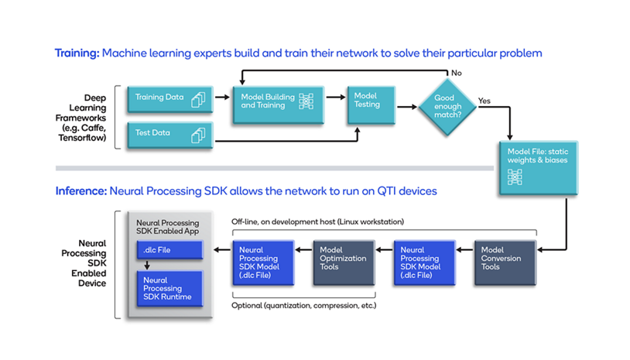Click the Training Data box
[x=169, y=98]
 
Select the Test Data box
[x=169, y=134]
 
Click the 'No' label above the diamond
[x=457, y=73]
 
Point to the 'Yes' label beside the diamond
[x=484, y=101]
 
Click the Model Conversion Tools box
[x=505, y=263]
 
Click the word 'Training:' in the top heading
[x=77, y=53]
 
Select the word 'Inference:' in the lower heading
[x=80, y=190]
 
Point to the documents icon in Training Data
[x=199, y=99]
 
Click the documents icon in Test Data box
[x=199, y=135]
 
